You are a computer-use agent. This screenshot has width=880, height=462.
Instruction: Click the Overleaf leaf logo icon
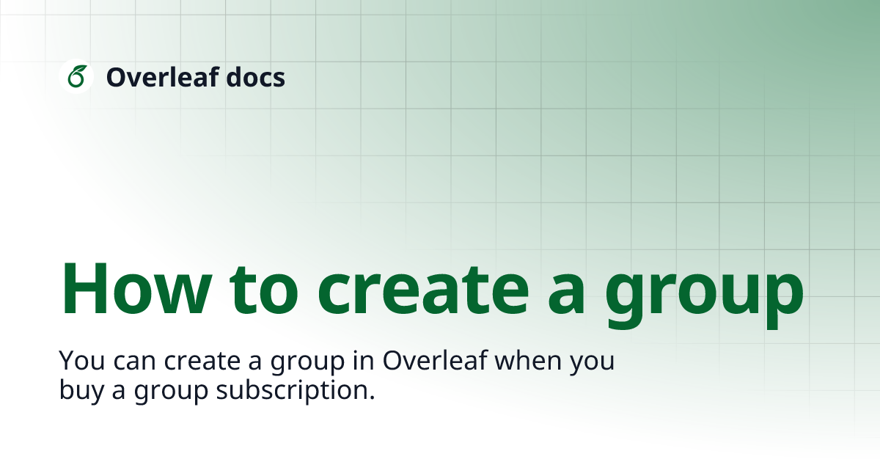point(76,76)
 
